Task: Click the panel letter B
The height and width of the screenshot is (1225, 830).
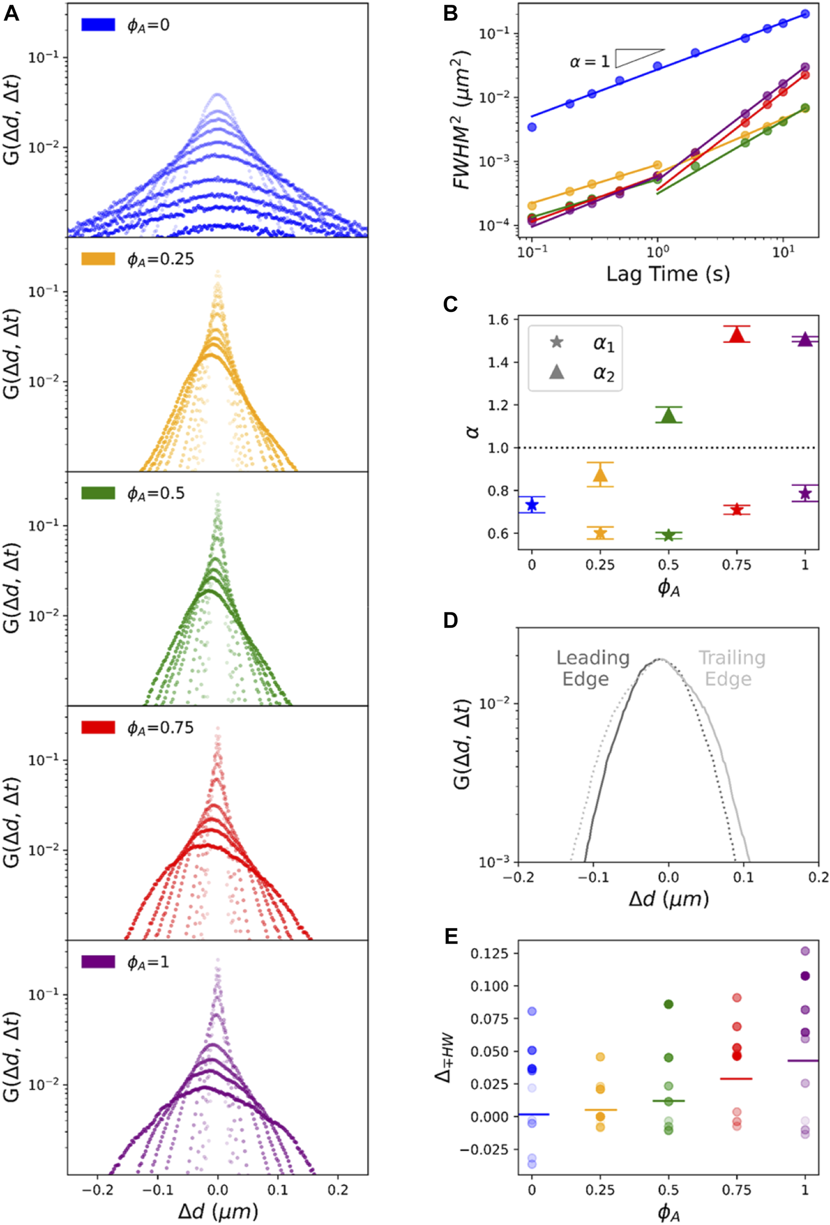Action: point(450,13)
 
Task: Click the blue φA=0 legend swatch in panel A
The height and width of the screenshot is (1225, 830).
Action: point(98,24)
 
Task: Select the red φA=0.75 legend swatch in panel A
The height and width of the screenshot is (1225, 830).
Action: point(98,727)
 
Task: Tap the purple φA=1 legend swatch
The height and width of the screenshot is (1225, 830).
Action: point(98,962)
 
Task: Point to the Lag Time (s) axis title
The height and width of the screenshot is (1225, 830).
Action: point(668,274)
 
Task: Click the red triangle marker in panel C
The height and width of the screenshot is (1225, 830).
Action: point(736,334)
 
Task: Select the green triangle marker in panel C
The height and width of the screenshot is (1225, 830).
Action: point(669,415)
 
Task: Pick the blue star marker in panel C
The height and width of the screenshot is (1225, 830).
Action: point(532,505)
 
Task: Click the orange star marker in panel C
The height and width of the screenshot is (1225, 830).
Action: point(600,533)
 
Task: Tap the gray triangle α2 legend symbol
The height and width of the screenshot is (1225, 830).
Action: point(556,372)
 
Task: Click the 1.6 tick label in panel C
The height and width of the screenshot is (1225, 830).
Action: point(497,319)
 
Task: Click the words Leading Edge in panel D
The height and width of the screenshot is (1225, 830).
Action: point(592,668)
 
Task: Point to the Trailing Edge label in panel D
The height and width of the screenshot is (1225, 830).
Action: point(732,668)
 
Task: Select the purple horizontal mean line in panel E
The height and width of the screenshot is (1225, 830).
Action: point(803,1061)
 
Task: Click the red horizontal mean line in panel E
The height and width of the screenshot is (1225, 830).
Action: point(736,1078)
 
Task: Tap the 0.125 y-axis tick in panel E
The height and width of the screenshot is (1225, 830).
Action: point(489,953)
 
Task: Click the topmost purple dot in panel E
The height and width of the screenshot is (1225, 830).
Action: point(805,951)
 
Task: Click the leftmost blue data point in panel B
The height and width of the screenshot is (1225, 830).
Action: point(532,127)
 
